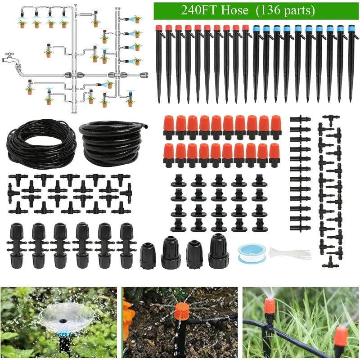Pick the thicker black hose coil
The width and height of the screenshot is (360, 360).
[112, 139]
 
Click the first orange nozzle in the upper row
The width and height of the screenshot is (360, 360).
[169, 126]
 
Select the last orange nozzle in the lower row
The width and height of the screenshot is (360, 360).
[274, 155]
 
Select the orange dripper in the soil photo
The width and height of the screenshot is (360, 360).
[182, 313]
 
